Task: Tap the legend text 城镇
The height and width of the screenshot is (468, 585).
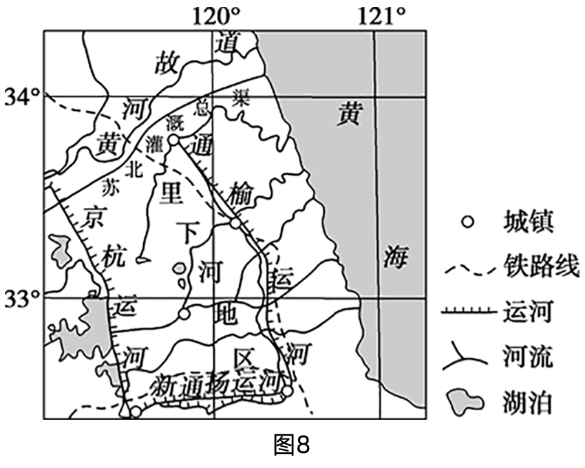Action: (526, 222)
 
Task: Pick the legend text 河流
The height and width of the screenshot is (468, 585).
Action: (526, 357)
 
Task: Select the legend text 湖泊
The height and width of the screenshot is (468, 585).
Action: (526, 403)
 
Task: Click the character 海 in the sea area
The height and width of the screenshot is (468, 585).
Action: (397, 259)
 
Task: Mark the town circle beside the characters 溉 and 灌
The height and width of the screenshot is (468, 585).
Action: (174, 140)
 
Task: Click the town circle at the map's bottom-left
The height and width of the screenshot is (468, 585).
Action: (136, 412)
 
